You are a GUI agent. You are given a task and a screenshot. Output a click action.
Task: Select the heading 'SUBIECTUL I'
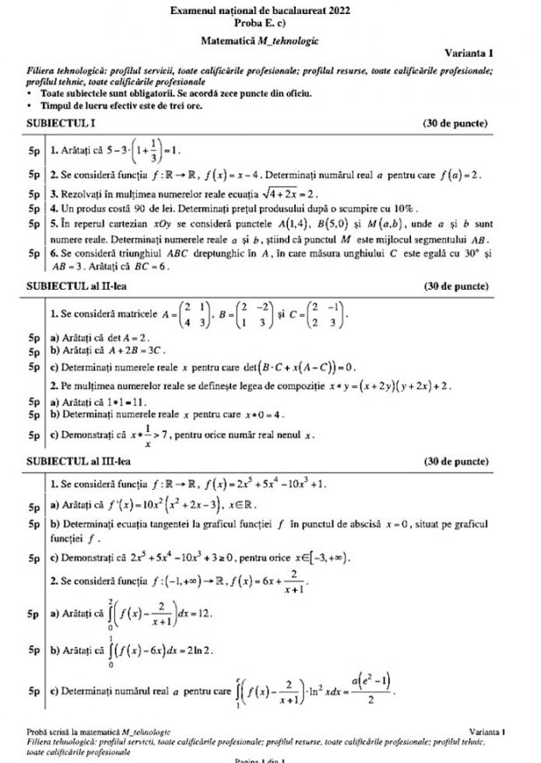point(58,123)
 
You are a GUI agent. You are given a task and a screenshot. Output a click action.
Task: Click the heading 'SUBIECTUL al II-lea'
point(74,285)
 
